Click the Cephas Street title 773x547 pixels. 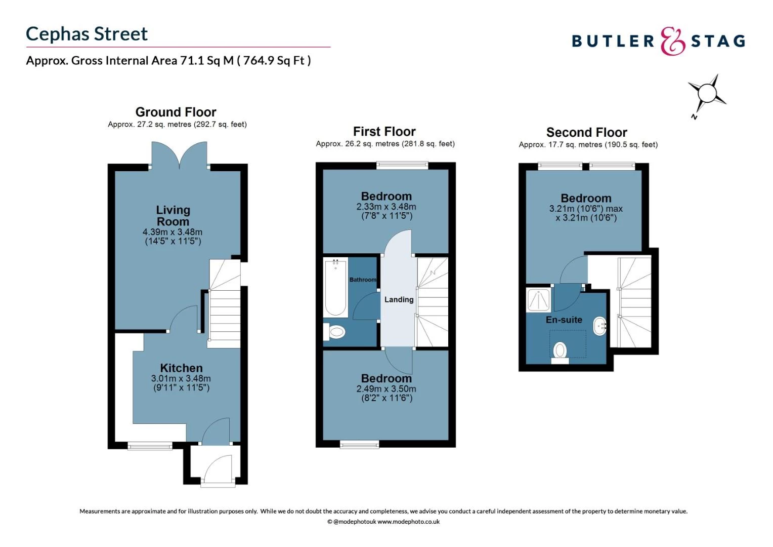[x=87, y=34]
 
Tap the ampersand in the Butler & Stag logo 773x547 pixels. [x=672, y=41]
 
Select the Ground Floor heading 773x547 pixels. [x=176, y=112]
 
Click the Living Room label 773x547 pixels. [x=173, y=216]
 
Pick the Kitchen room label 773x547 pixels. [x=181, y=368]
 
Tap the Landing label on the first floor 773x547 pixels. [x=399, y=299]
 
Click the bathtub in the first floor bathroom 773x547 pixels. [x=335, y=288]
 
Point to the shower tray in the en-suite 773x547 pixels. [x=538, y=300]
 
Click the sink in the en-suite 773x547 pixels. [x=600, y=327]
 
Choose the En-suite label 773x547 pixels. [x=564, y=320]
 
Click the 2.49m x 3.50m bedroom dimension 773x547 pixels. [x=386, y=389]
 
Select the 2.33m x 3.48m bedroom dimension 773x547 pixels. [x=386, y=207]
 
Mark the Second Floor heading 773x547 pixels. [x=586, y=132]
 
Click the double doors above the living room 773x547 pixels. [x=179, y=154]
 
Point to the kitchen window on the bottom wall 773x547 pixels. [x=150, y=446]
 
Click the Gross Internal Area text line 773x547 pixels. [x=168, y=61]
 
